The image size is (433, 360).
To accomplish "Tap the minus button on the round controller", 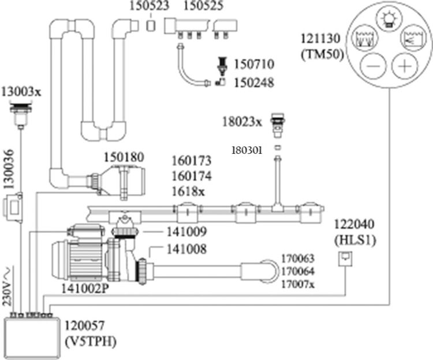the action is [x=374, y=66].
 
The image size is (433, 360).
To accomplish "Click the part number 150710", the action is [x=254, y=64].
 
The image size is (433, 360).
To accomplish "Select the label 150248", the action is [x=254, y=83].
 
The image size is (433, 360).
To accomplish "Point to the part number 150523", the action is [x=149, y=6].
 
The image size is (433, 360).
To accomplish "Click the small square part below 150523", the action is [x=151, y=25].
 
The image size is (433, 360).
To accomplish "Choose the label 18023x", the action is [x=242, y=122].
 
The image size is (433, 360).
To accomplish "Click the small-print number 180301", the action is [x=247, y=150].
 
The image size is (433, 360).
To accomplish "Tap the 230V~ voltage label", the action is [x=8, y=286].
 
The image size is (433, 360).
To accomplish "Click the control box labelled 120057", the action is [x=32, y=338].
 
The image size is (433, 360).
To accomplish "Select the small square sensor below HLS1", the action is [x=345, y=259].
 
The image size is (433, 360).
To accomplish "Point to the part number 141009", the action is [x=186, y=232].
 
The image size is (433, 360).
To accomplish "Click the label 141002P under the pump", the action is [x=85, y=289].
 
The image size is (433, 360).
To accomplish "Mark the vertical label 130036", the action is [x=8, y=169].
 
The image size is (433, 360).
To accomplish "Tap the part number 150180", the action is [x=124, y=158].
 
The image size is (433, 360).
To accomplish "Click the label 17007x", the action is [x=298, y=284].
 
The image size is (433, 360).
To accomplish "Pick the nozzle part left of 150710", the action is [x=223, y=66].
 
